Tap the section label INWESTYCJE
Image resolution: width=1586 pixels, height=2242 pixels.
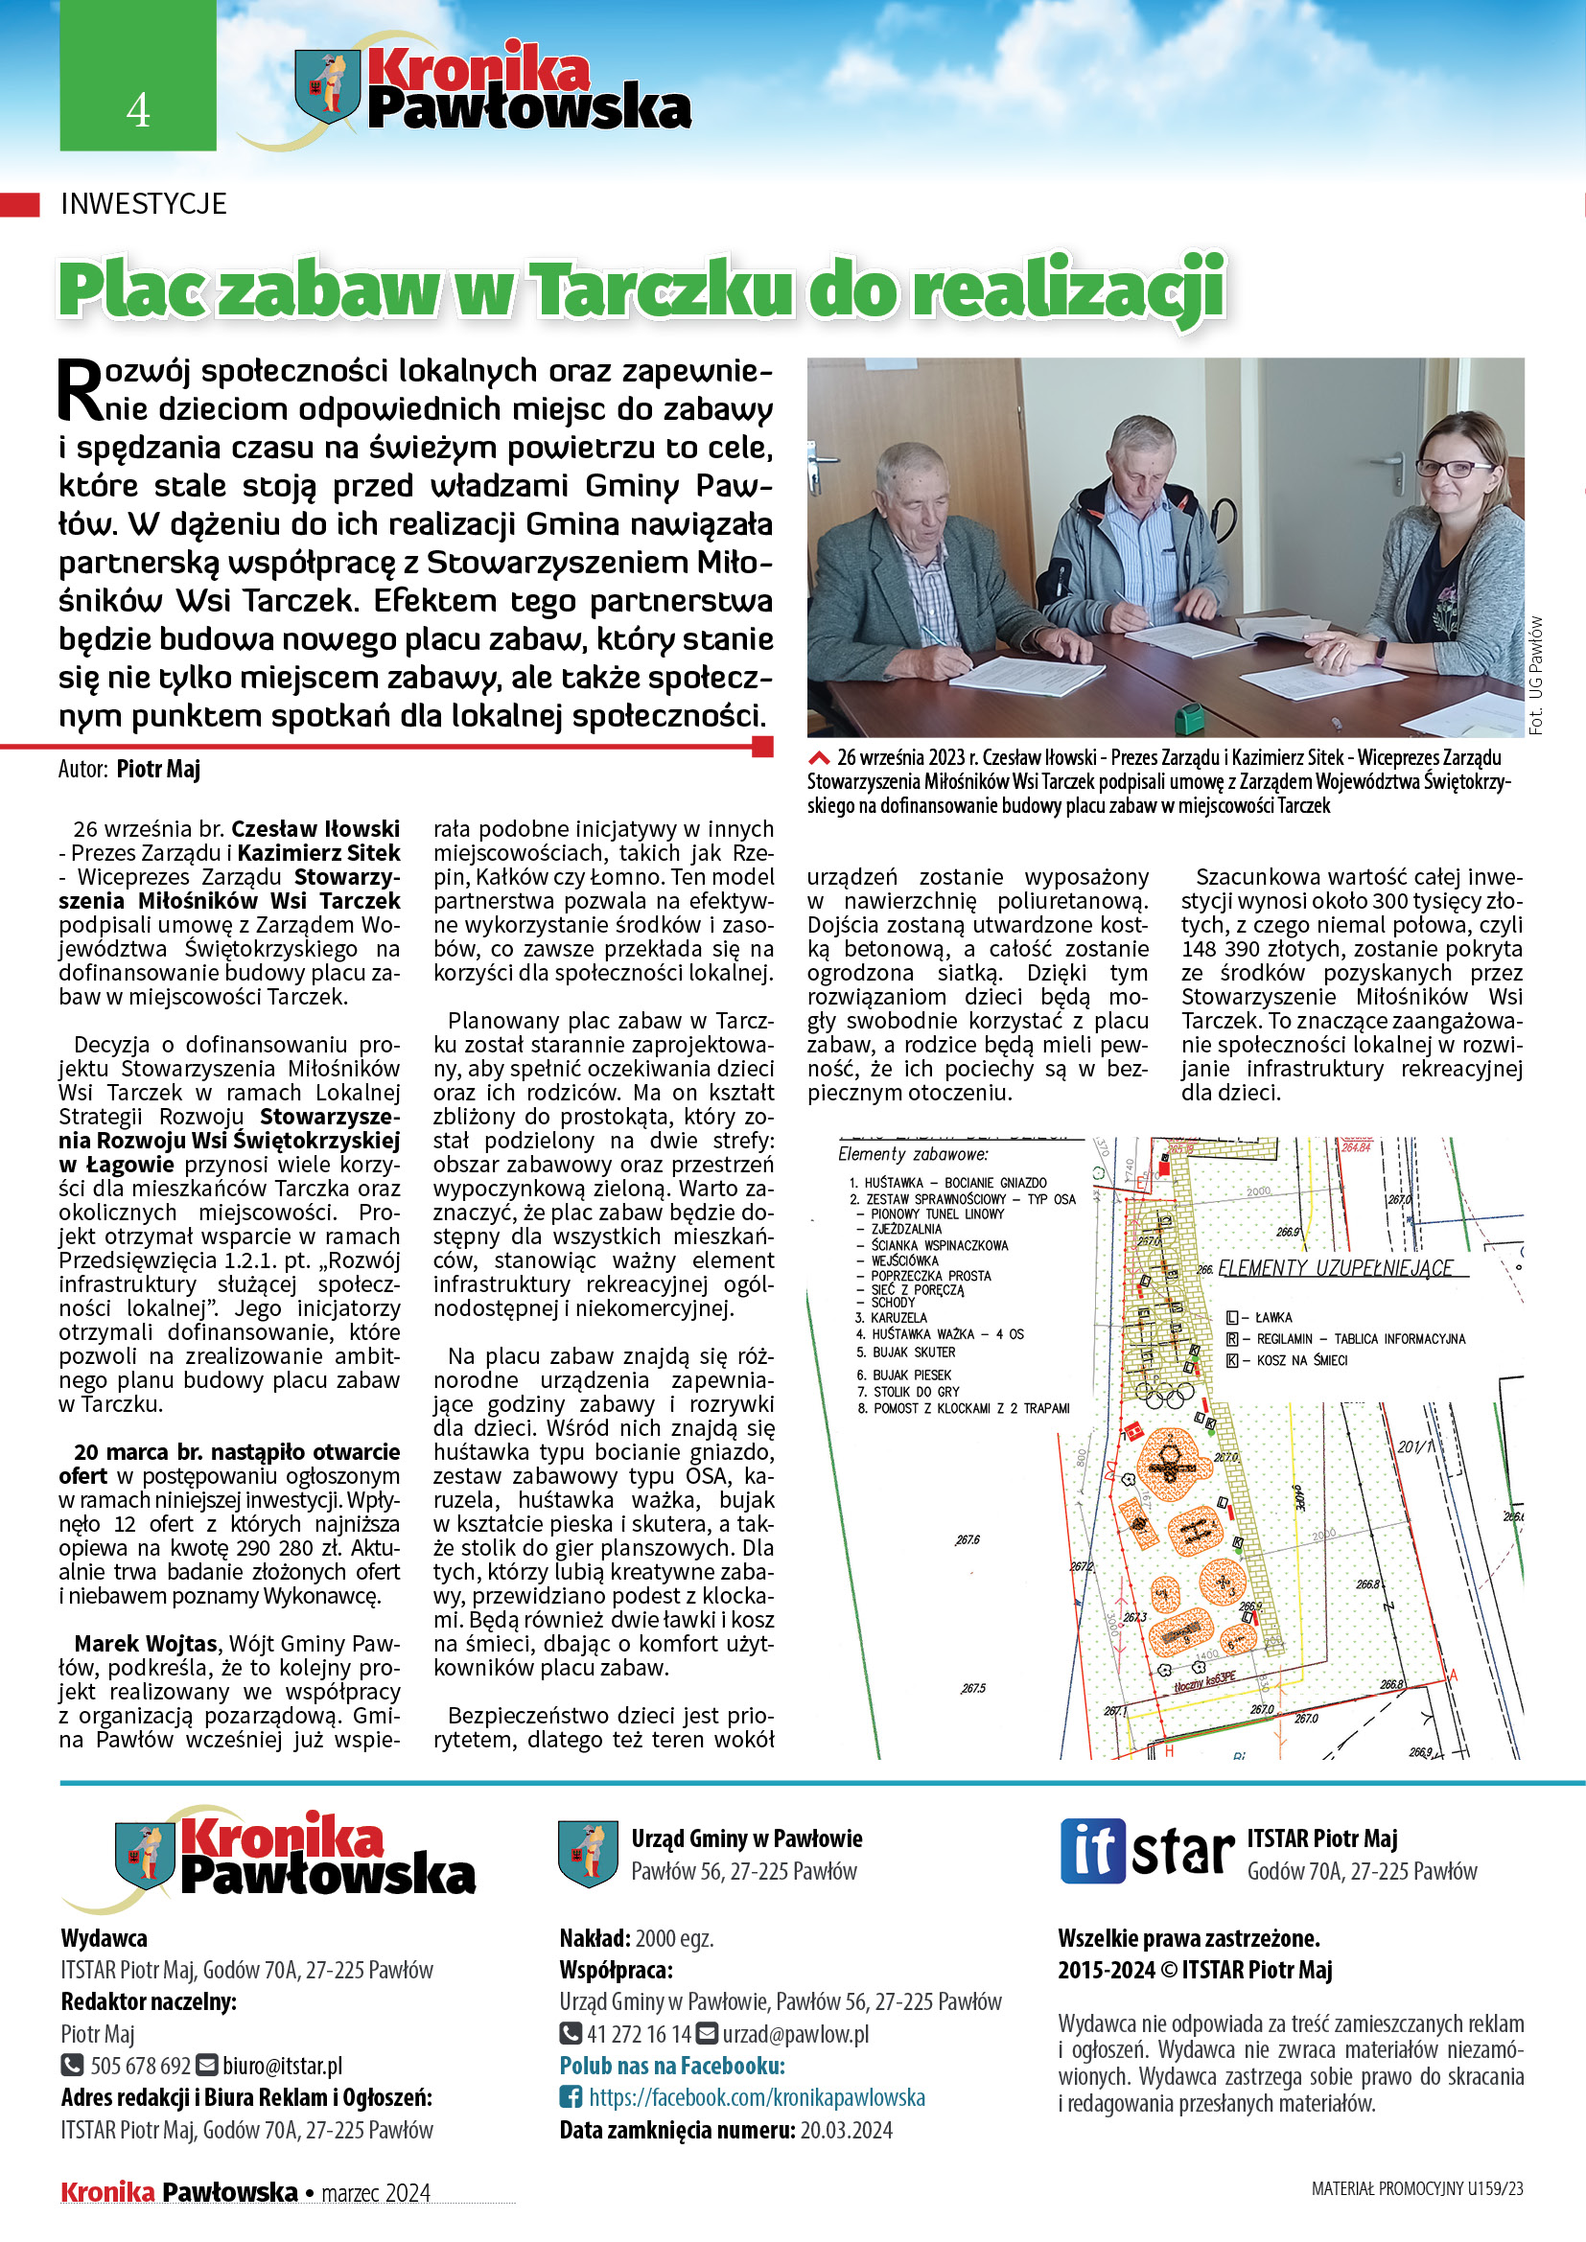click(144, 204)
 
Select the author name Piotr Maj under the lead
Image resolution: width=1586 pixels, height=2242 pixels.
click(158, 770)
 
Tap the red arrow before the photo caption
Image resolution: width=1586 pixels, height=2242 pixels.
click(819, 758)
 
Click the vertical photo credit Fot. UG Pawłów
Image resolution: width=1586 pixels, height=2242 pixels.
click(1536, 675)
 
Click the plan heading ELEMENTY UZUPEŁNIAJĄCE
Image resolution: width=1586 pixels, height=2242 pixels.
click(1336, 1268)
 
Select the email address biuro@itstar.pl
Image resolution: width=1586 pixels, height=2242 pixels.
click(282, 2066)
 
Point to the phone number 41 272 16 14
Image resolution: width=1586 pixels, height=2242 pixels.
click(639, 2034)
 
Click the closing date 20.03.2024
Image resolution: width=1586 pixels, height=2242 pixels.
click(847, 2130)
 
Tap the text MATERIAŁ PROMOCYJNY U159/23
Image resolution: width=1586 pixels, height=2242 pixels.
click(1417, 2188)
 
